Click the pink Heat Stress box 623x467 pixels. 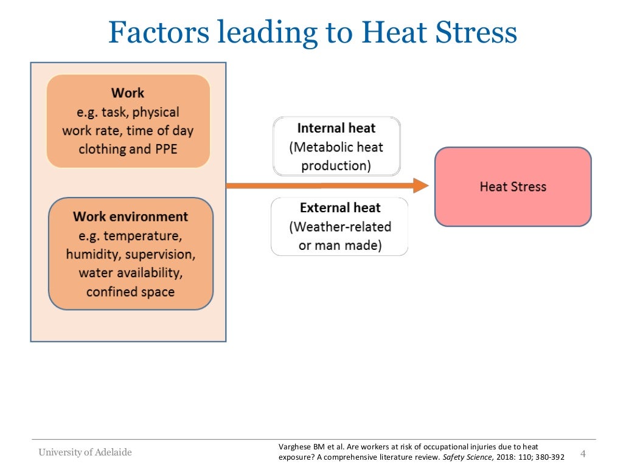point(513,187)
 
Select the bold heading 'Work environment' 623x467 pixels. point(130,216)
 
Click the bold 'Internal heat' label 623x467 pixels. point(336,128)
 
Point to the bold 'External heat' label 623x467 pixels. point(340,208)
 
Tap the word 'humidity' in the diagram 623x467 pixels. point(92,254)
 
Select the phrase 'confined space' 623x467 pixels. point(130,292)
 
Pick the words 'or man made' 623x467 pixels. point(340,246)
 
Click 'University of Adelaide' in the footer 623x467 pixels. point(85,452)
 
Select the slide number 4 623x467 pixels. point(583,454)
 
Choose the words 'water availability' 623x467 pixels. point(130,273)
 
